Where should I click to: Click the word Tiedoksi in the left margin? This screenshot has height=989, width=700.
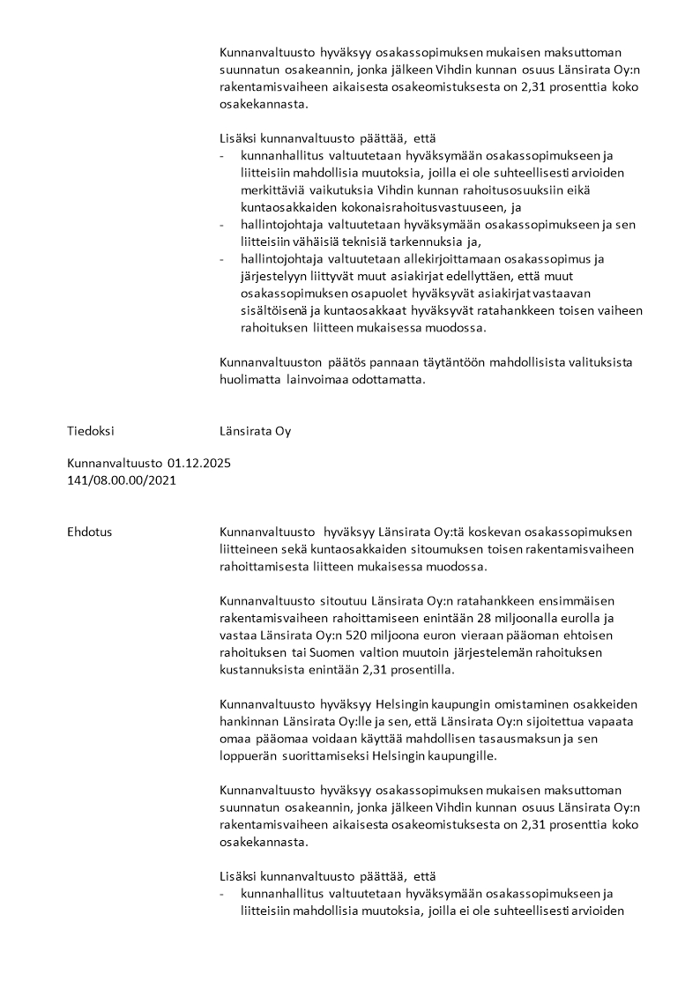point(90,431)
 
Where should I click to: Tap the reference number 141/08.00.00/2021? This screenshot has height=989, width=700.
point(121,480)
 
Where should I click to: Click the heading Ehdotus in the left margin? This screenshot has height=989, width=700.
point(89,532)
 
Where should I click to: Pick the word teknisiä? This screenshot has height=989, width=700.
point(427,241)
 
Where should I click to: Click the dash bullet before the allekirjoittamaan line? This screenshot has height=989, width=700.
point(222,258)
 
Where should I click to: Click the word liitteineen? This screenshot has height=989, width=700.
point(253,549)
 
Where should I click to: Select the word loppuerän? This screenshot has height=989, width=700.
point(253,755)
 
